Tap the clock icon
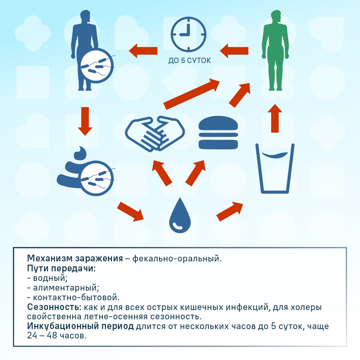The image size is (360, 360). tap(188, 34)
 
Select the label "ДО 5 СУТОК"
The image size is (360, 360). tap(189, 61)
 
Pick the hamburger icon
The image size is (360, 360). tap(218, 132)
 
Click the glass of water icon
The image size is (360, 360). tap(275, 168)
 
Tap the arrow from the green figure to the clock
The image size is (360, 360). tap(234, 51)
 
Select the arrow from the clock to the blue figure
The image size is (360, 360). tap(143, 51)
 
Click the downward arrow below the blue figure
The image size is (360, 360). tap(85, 121)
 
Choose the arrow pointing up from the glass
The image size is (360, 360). tap(275, 118)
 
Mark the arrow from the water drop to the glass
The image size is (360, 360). tap(230, 212)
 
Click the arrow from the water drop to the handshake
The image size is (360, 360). tap(162, 173)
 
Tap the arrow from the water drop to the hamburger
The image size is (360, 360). tap(195, 173)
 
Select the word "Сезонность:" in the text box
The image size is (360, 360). tap(54, 307)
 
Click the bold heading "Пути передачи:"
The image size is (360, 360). tap(61, 268)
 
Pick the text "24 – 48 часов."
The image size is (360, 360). tap(57, 336)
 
